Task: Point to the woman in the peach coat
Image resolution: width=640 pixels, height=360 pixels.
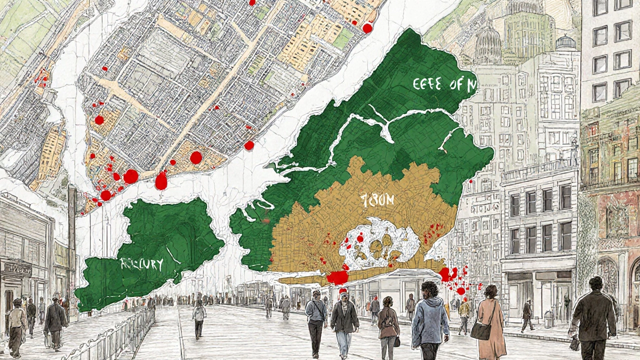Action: point(491,320)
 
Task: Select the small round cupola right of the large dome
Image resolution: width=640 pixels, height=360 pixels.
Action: point(565,42)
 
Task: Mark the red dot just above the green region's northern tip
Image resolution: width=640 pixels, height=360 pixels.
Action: point(367,28)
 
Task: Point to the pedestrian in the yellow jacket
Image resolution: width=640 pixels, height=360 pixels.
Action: point(464,310)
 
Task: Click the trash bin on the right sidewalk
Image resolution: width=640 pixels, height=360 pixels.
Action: point(548,318)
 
